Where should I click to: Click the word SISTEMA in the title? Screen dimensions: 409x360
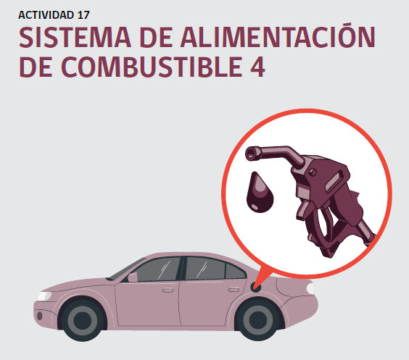pos(75,37)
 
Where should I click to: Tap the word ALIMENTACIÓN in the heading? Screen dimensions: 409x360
pos(278,35)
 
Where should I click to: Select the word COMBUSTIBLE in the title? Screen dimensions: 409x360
pos(152,67)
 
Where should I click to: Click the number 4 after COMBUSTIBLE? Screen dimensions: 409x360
pos(257,67)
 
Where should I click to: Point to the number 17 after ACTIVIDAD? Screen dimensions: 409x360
pos(83,14)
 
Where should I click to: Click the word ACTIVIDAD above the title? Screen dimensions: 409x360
pos(46,14)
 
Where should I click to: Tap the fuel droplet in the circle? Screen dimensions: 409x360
pos(260,192)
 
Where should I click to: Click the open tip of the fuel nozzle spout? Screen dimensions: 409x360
pos(251,154)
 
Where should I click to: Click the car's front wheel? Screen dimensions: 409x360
pos(83,320)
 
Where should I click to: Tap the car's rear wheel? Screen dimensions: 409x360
pos(257,319)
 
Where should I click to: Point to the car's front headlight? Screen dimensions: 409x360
pos(44,296)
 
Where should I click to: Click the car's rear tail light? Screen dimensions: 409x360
pos(310,288)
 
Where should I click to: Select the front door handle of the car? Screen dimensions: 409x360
pos(168,290)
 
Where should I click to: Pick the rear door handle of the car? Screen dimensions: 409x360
pos(234,290)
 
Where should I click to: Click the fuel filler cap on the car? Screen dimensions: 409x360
pos(255,288)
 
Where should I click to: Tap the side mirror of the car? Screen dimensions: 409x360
pos(133,277)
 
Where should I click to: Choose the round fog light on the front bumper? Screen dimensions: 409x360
pos(39,316)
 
